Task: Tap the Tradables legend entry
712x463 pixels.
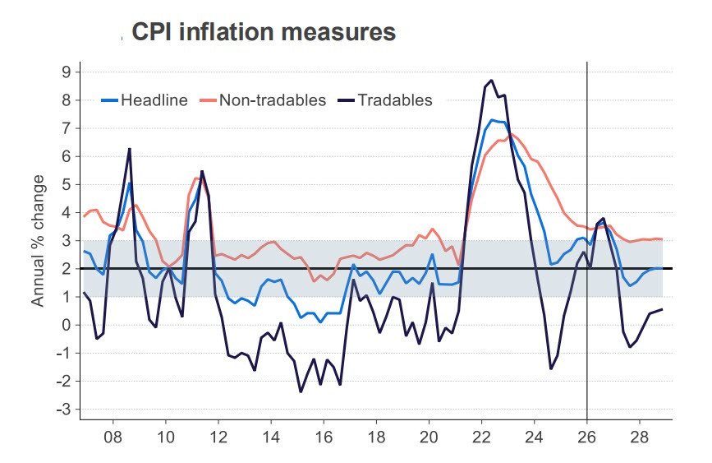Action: point(390,100)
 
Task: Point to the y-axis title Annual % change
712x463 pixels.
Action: point(38,240)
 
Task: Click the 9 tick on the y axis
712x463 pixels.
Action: point(66,72)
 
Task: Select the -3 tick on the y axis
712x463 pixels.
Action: point(63,409)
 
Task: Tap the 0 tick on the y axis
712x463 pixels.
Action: point(66,325)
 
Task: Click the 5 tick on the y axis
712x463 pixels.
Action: point(66,184)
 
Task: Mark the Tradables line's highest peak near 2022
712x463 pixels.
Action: point(491,80)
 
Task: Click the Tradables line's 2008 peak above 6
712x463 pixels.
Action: point(129,149)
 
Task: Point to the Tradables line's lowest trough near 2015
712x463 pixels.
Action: point(301,391)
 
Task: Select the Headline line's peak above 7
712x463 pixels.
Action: point(493,120)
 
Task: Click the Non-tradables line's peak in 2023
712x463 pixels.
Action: point(511,134)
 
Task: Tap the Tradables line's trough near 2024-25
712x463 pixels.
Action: point(550,368)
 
